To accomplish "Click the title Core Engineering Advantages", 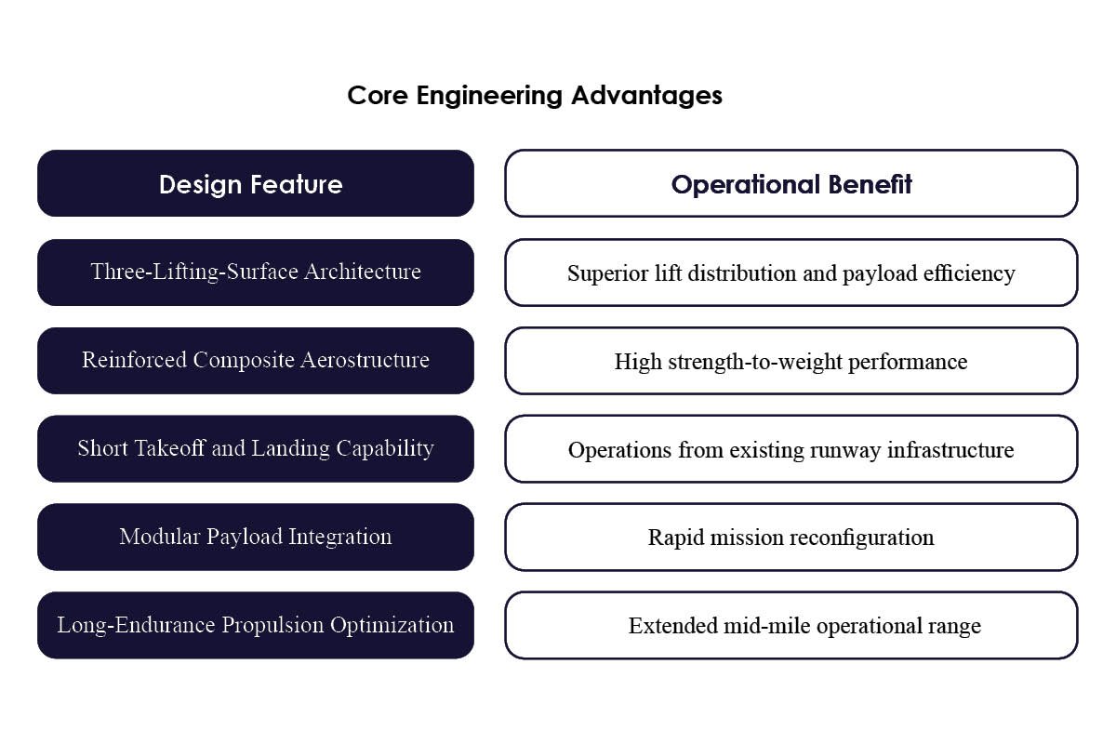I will pyautogui.click(x=535, y=95).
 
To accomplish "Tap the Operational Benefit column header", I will pyautogui.click(x=790, y=184).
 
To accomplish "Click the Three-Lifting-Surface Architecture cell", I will pyautogui.click(x=255, y=272).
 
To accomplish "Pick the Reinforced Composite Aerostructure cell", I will pyautogui.click(x=255, y=360).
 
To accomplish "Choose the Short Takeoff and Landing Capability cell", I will pyautogui.click(x=255, y=448).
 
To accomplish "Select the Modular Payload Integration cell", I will pyautogui.click(x=255, y=537).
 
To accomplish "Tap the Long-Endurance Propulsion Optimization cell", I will pyautogui.click(x=255, y=625).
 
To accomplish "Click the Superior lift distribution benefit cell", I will pyautogui.click(x=790, y=272).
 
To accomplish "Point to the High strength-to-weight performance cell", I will pyautogui.click(x=790, y=361).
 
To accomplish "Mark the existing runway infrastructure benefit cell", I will pyautogui.click(x=790, y=449).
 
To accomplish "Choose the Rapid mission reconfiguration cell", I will pyautogui.click(x=790, y=538).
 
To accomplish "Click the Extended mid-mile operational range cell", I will pyautogui.click(x=790, y=626).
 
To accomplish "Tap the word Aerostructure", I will pyautogui.click(x=366, y=360).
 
